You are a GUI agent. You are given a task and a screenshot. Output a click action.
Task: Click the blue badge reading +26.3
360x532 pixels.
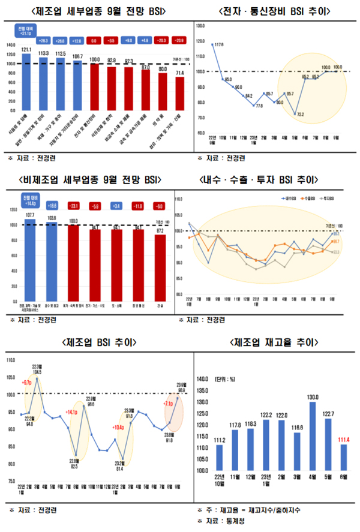43,40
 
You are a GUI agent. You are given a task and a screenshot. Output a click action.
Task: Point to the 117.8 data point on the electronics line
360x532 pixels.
212,44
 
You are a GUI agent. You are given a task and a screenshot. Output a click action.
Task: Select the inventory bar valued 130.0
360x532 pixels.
313,436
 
